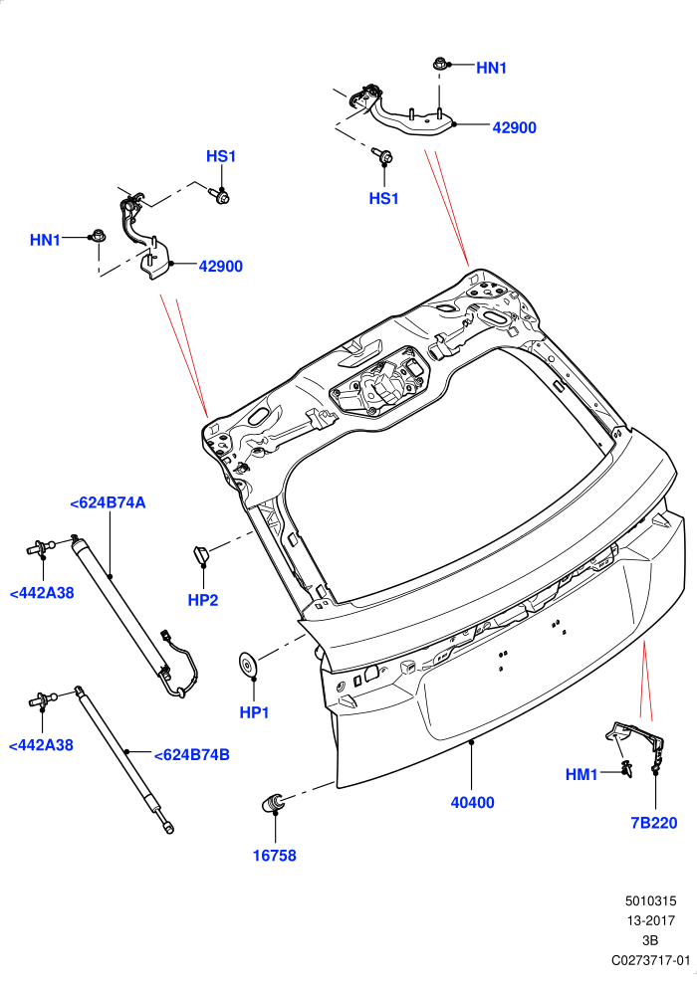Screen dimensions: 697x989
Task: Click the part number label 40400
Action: click(x=472, y=802)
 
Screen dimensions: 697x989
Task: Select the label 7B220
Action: click(x=654, y=823)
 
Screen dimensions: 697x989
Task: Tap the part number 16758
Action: click(x=274, y=856)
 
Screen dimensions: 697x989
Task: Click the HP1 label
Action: click(x=255, y=712)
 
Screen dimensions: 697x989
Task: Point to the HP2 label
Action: click(x=203, y=600)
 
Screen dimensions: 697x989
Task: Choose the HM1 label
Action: click(x=581, y=774)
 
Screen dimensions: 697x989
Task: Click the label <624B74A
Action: click(x=108, y=502)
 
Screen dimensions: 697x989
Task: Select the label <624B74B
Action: click(x=191, y=754)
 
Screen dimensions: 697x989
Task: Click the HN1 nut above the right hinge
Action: click(x=440, y=64)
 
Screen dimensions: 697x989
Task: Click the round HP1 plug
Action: click(x=248, y=666)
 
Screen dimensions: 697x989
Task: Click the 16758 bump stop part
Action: click(x=273, y=803)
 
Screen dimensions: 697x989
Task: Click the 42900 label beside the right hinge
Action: click(x=514, y=127)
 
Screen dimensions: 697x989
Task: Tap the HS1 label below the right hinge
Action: click(x=384, y=198)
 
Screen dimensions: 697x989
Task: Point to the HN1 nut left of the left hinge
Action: click(x=98, y=237)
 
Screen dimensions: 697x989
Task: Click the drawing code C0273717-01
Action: click(x=650, y=960)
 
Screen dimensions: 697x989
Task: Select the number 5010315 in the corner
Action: click(x=651, y=901)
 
